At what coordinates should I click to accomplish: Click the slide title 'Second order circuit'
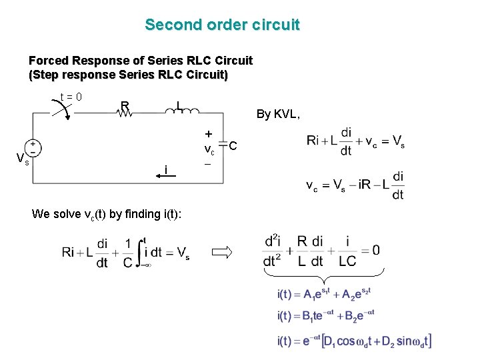(223, 25)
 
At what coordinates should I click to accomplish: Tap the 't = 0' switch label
(70, 97)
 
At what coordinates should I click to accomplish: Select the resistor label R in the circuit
(125, 105)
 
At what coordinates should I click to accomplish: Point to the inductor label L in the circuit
(179, 105)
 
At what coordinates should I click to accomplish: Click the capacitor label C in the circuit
(233, 146)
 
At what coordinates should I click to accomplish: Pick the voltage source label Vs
(23, 159)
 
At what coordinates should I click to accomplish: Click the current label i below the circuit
(165, 170)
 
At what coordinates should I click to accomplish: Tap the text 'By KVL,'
(279, 115)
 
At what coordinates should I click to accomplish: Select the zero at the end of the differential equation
(377, 251)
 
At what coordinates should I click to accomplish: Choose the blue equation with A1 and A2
(324, 293)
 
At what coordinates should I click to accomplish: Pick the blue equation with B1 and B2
(326, 315)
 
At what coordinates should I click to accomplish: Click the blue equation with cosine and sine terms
(354, 341)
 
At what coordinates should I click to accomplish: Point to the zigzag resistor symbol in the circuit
(125, 114)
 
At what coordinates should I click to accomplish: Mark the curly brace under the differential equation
(324, 274)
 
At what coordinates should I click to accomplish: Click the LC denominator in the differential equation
(347, 261)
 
